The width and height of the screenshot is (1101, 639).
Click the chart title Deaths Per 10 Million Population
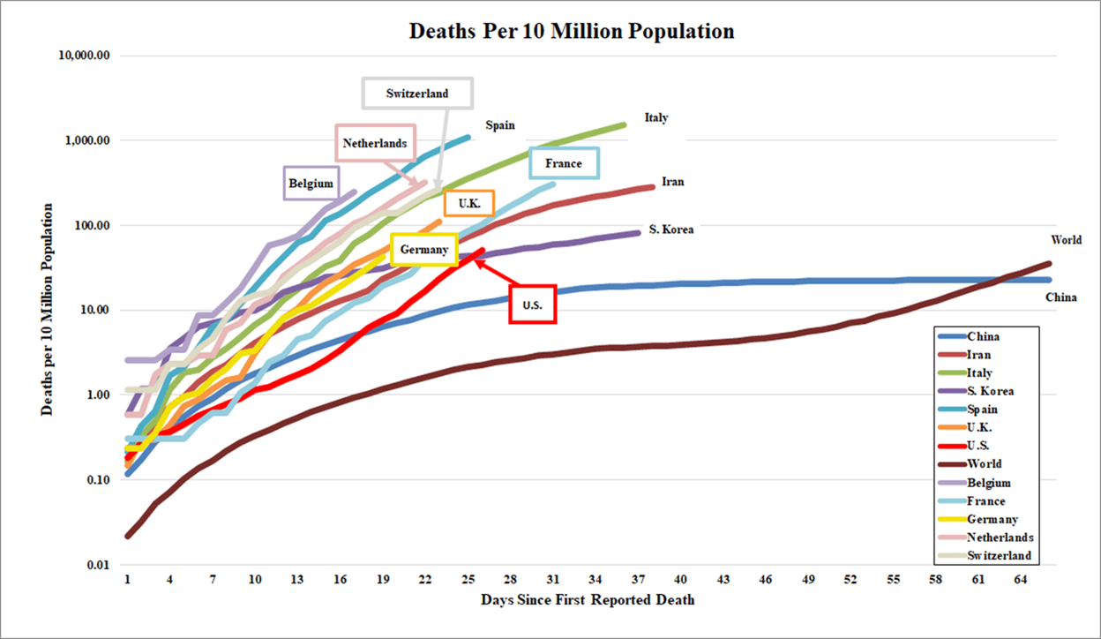point(572,32)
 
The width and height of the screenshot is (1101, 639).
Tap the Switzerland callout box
point(417,94)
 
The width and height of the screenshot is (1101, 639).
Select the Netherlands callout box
point(375,143)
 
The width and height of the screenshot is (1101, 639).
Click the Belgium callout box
point(311,184)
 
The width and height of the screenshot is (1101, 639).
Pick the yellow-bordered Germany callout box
point(424,250)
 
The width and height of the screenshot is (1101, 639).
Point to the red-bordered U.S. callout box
point(532,304)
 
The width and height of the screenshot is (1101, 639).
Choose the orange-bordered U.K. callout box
point(469,204)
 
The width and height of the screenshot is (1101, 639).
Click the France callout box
point(564,163)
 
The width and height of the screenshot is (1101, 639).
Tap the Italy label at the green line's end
point(656,117)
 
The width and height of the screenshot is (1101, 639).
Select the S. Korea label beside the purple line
point(671,229)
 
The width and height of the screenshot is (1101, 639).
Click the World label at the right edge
point(1067,240)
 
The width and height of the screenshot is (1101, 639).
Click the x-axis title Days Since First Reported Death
point(588,600)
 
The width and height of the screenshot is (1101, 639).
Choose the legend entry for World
point(984,463)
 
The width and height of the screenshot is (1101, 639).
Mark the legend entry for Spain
point(983,409)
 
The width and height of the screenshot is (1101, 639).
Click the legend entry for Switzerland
point(999,556)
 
